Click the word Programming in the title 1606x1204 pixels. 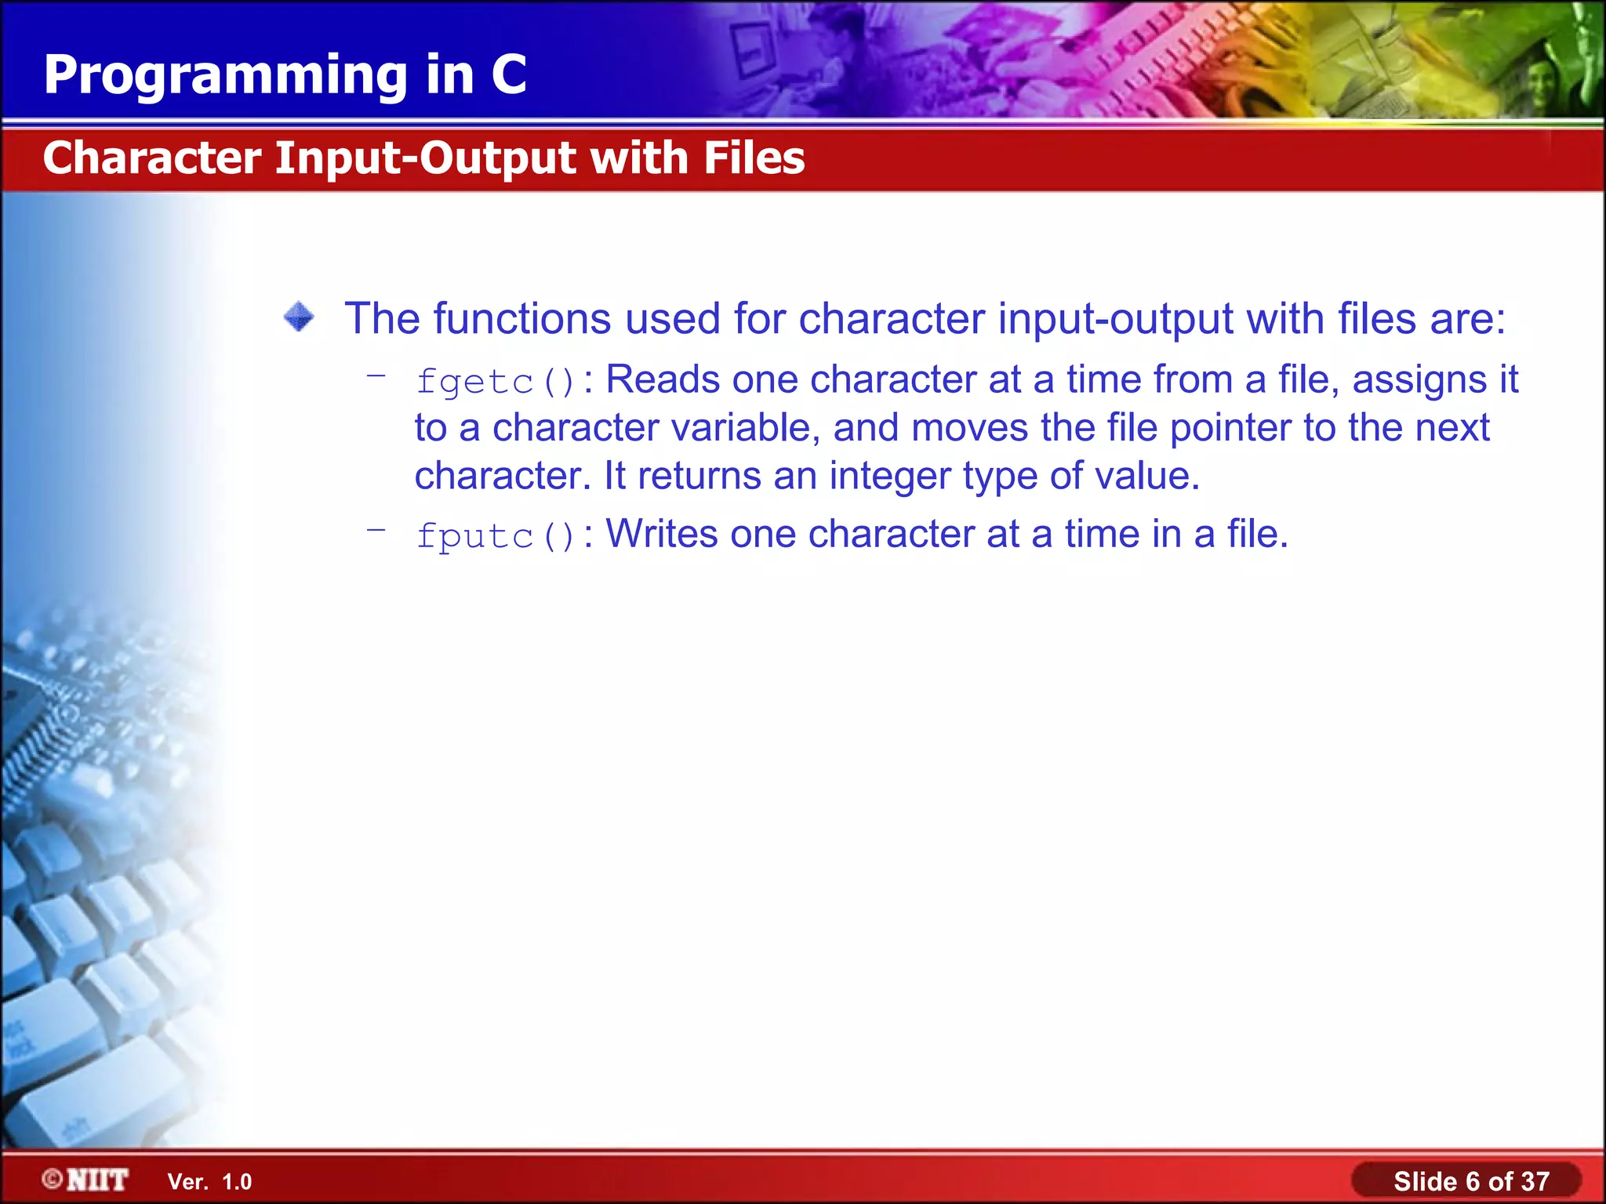click(226, 77)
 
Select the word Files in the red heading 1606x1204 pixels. click(754, 158)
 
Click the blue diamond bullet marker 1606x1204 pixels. click(299, 317)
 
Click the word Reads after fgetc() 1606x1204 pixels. click(663, 380)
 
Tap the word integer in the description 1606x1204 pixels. click(889, 477)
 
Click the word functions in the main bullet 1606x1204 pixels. click(521, 319)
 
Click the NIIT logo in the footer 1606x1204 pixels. click(85, 1180)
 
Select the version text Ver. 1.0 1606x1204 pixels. click(209, 1182)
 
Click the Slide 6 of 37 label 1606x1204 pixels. click(1470, 1181)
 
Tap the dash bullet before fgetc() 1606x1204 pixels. click(376, 376)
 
